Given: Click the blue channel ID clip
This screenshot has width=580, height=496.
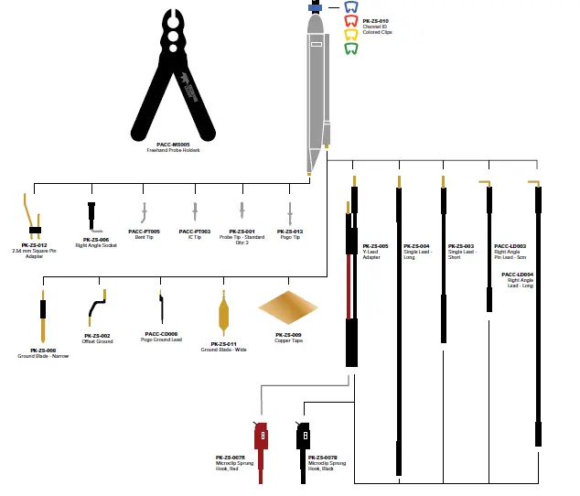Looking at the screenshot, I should click(350, 7).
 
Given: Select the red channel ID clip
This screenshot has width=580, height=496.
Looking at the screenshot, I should click(350, 21).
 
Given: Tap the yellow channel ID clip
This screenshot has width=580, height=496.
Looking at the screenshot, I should click(350, 35).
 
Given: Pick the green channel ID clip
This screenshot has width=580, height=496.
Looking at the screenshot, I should click(350, 49).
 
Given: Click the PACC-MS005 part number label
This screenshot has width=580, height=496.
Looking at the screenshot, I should click(173, 145).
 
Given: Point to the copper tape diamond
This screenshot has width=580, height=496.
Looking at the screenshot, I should click(288, 308).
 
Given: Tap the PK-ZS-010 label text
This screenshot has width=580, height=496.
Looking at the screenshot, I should click(375, 20).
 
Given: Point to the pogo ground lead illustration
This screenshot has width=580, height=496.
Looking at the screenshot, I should click(162, 309).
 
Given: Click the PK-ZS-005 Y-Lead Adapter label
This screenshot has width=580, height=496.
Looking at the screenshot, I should click(375, 246).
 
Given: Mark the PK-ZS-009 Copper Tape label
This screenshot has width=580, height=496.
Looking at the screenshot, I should click(288, 335).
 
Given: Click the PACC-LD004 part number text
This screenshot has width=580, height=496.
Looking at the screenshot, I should click(517, 274).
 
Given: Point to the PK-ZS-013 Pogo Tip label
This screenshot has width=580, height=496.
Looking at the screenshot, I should click(290, 232).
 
